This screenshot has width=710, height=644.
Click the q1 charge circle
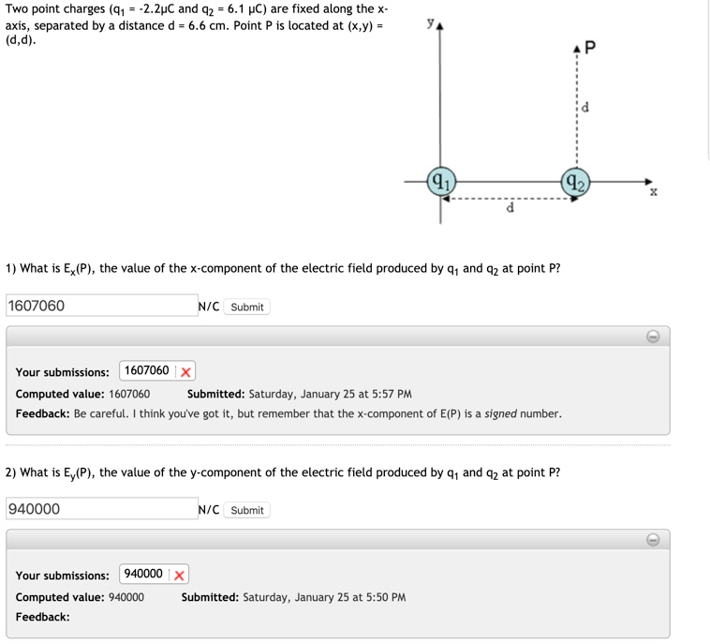(x=441, y=181)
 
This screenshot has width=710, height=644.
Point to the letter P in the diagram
(x=589, y=47)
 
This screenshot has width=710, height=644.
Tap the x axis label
(x=654, y=191)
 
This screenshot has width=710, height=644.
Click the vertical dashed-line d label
(x=585, y=107)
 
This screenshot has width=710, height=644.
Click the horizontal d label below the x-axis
(x=510, y=207)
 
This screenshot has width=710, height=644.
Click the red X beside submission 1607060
(x=185, y=371)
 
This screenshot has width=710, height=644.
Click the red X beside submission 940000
(x=179, y=575)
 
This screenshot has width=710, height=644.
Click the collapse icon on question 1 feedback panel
(x=653, y=336)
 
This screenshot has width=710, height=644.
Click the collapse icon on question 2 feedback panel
(x=653, y=539)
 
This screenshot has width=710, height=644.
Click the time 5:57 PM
(x=392, y=394)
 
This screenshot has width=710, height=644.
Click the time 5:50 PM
(x=386, y=597)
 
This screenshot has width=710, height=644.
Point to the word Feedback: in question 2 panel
(x=43, y=617)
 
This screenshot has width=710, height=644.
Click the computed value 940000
(x=126, y=597)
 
